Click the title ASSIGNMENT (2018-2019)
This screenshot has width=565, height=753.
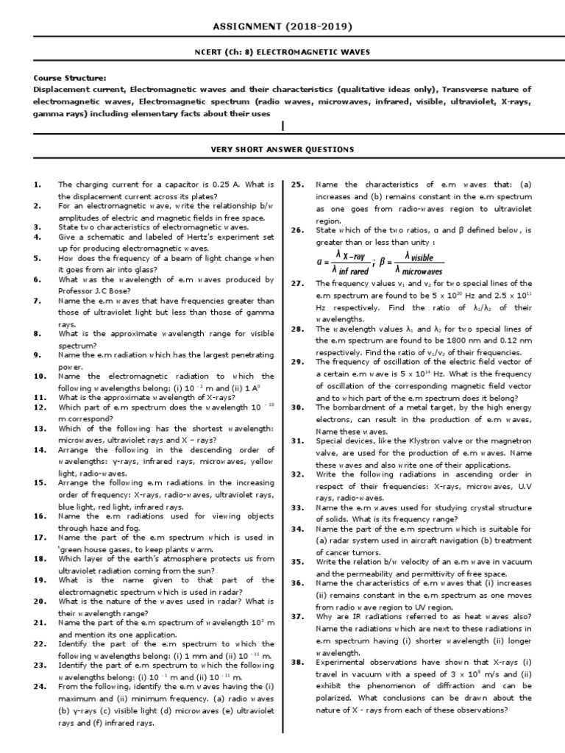point(282,27)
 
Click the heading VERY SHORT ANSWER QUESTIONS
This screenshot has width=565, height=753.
point(282,150)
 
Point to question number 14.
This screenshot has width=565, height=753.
point(40,450)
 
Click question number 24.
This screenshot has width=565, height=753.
point(40,686)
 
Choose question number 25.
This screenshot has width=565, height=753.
point(297,185)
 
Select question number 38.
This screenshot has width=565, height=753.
point(297,662)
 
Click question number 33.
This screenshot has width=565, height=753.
point(297,507)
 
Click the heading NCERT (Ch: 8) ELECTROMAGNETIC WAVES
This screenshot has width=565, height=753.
point(282,51)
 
